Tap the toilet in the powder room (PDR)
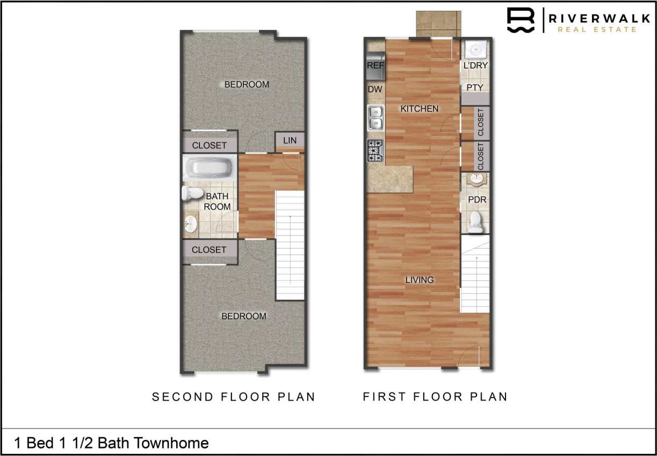(x=475, y=222)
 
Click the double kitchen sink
(x=375, y=118)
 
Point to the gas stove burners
(x=375, y=150)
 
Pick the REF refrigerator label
(x=375, y=66)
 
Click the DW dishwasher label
(x=374, y=89)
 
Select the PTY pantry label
(x=475, y=87)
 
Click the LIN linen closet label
(x=290, y=141)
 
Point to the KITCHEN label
(x=420, y=108)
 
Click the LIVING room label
(x=420, y=280)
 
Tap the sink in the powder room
(x=475, y=179)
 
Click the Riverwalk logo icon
(x=521, y=21)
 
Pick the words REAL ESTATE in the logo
(x=596, y=30)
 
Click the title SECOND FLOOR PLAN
(x=233, y=397)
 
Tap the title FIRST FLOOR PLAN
(x=435, y=397)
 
